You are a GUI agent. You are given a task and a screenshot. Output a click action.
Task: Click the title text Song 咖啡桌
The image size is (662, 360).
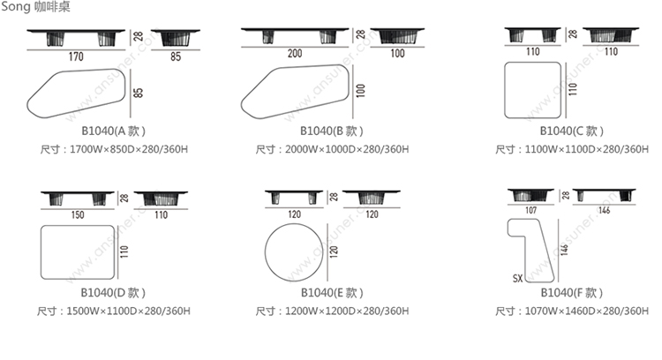pyautogui.click(x=35, y=6)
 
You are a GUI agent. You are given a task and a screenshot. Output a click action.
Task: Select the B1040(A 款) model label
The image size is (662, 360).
pyautogui.click(x=113, y=131)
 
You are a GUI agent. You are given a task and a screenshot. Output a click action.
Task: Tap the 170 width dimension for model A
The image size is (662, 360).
pyautogui.click(x=76, y=56)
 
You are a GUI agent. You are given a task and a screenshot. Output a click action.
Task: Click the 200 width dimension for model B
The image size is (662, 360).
pyautogui.click(x=295, y=53)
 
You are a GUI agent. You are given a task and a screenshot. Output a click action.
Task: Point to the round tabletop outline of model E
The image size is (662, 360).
pyautogui.click(x=265, y=252)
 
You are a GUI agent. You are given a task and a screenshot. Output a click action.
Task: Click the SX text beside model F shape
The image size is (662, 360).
pyautogui.click(x=517, y=279)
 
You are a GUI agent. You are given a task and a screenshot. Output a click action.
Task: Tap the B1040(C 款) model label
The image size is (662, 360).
pyautogui.click(x=572, y=131)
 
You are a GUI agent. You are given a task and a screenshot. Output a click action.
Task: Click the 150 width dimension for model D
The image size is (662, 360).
pyautogui.click(x=78, y=214)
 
